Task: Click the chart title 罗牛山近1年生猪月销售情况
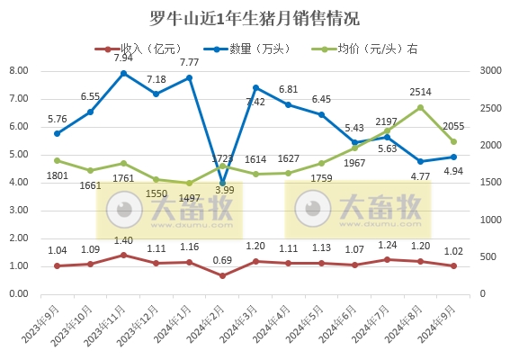coord(255,18)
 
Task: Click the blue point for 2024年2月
coord(222,183)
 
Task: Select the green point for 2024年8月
coord(421,107)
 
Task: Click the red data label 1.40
coord(123,240)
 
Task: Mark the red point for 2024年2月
coord(222,275)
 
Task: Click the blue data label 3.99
coord(226,190)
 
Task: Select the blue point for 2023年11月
coord(123,73)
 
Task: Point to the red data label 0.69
coord(222,260)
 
